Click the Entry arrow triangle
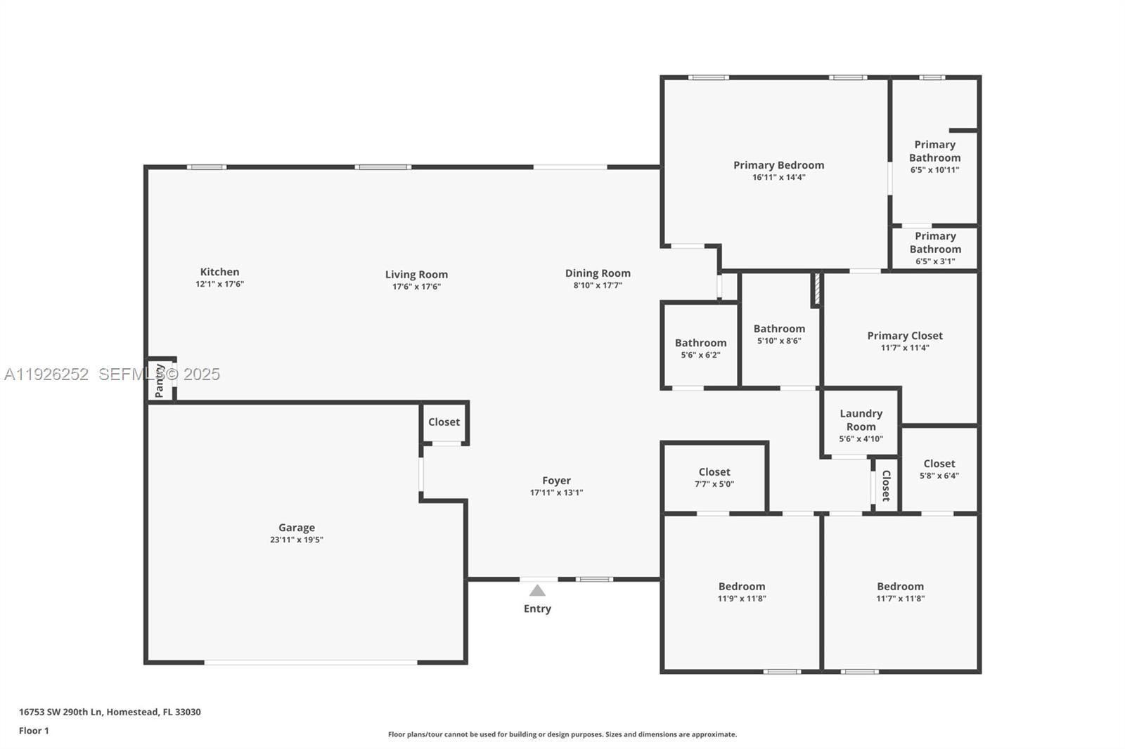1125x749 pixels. click(537, 591)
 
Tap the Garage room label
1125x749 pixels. click(296, 528)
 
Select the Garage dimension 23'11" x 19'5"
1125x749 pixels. click(296, 540)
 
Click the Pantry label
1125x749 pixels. click(160, 380)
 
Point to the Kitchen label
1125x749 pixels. click(219, 272)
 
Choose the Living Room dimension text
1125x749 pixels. click(416, 287)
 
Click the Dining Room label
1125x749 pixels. click(598, 273)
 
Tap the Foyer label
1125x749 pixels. click(556, 481)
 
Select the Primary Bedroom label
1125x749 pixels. click(778, 165)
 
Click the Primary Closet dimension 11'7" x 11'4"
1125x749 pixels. click(905, 348)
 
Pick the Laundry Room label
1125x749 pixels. click(861, 420)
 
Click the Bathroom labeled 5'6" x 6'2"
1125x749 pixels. click(700, 344)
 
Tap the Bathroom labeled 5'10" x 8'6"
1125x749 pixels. click(779, 329)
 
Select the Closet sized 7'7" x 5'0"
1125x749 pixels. click(714, 472)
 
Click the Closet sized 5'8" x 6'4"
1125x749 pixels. click(939, 464)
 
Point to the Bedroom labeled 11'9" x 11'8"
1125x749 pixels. click(741, 587)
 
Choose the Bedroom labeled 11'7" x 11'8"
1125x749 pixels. click(900, 587)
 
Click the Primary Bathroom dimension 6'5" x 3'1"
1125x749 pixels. click(934, 261)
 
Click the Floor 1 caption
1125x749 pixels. click(34, 731)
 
